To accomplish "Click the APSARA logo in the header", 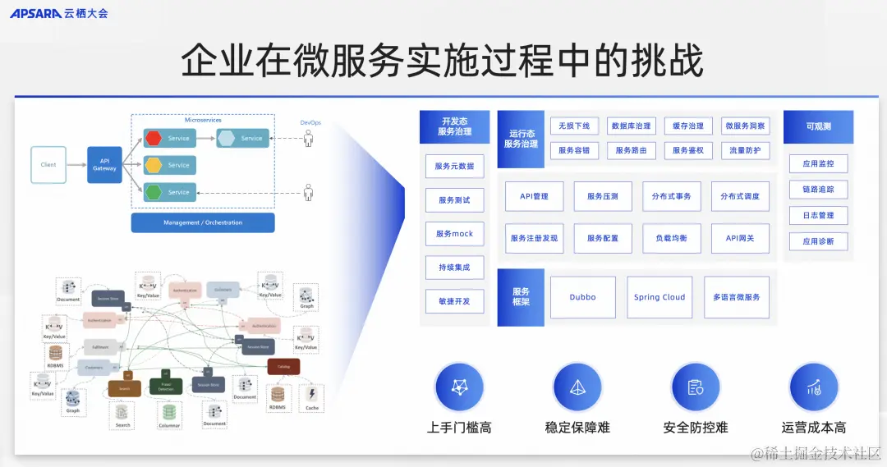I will click(x=36, y=13).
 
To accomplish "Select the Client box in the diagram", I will click(x=48, y=165).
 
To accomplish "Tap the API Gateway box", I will click(x=104, y=165).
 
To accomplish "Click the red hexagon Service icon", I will click(x=154, y=138).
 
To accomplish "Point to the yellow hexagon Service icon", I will click(x=154, y=165).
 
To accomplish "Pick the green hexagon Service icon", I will click(x=154, y=192).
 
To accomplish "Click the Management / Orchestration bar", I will click(x=203, y=222).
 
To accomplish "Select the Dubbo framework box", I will click(x=582, y=297).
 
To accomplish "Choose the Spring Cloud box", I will click(x=660, y=297).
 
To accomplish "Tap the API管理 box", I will click(x=534, y=197).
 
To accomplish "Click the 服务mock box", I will click(x=455, y=234).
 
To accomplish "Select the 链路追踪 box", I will click(x=818, y=190).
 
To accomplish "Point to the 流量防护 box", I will click(x=746, y=151).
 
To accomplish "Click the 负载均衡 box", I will click(x=671, y=238).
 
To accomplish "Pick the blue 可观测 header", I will click(x=818, y=127).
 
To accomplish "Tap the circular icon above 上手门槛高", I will click(x=460, y=387).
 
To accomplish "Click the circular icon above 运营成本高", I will click(x=814, y=387).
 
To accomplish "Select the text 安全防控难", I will click(x=696, y=428).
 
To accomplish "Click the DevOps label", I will click(x=310, y=123).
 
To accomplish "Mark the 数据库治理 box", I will click(x=631, y=126).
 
